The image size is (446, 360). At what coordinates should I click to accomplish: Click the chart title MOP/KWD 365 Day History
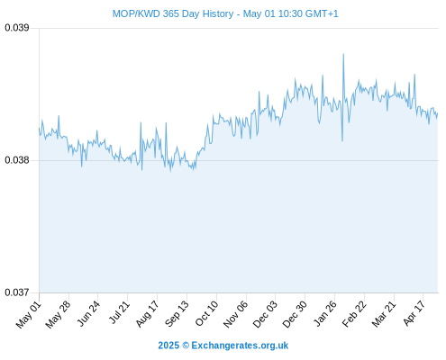[173, 13]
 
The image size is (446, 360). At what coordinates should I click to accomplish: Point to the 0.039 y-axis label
[17, 28]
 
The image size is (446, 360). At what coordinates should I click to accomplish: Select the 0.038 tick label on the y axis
[17, 160]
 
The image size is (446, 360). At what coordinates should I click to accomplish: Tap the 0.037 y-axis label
[17, 292]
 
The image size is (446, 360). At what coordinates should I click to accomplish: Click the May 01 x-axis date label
[29, 315]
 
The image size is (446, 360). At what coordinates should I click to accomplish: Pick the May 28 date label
[58, 315]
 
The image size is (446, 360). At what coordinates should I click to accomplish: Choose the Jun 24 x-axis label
[88, 313]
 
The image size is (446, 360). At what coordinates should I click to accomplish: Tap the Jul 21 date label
[119, 312]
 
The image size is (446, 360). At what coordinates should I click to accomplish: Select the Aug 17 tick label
[147, 314]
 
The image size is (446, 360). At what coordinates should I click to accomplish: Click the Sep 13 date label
[177, 314]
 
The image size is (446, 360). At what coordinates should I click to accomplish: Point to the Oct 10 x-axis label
[206, 313]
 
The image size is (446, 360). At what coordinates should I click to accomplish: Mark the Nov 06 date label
[236, 314]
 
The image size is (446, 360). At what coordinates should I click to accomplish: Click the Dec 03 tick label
[265, 314]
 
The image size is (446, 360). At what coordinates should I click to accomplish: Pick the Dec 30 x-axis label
[295, 314]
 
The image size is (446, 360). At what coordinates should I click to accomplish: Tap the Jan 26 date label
[325, 313]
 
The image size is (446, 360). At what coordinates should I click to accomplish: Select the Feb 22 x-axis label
[354, 314]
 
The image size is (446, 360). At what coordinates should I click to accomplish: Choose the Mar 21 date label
[384, 314]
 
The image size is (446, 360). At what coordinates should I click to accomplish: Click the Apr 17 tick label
[414, 313]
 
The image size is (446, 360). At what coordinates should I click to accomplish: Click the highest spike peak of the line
[343, 54]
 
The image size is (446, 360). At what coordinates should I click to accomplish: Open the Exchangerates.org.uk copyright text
[223, 346]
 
